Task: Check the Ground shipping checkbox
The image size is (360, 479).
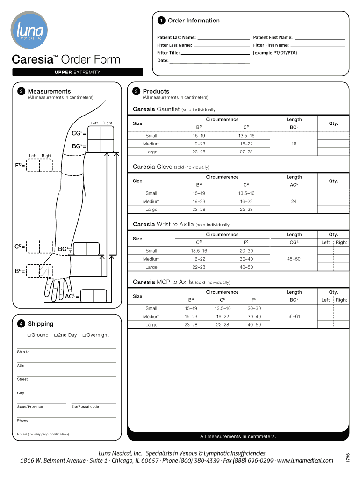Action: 29,335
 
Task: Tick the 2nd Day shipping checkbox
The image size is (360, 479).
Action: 56,335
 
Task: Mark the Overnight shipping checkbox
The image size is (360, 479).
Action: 84,335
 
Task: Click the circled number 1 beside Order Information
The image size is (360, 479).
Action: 161,21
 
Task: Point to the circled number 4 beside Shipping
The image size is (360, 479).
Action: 21,324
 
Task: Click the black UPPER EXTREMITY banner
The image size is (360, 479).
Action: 78,72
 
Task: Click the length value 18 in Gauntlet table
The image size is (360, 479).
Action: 294,144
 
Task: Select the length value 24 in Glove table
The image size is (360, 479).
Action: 294,202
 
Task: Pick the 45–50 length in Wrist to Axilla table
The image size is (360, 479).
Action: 294,259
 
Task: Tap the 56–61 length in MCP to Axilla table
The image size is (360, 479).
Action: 294,317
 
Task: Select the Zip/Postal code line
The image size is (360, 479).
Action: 93,403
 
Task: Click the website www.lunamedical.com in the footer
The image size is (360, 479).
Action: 306,461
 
